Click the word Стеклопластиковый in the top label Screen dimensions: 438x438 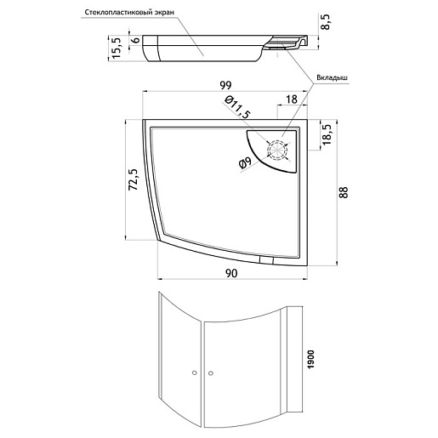(119, 13)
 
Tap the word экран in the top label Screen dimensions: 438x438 (165, 13)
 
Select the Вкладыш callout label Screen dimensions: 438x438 (332, 78)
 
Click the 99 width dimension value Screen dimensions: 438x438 (225, 85)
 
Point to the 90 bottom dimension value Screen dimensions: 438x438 (231, 274)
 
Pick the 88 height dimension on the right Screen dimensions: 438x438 (344, 192)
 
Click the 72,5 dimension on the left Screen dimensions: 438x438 (133, 179)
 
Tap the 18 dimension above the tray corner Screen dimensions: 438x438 (292, 100)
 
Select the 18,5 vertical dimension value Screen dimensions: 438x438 (327, 134)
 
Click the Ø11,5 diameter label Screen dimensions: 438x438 (237, 107)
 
